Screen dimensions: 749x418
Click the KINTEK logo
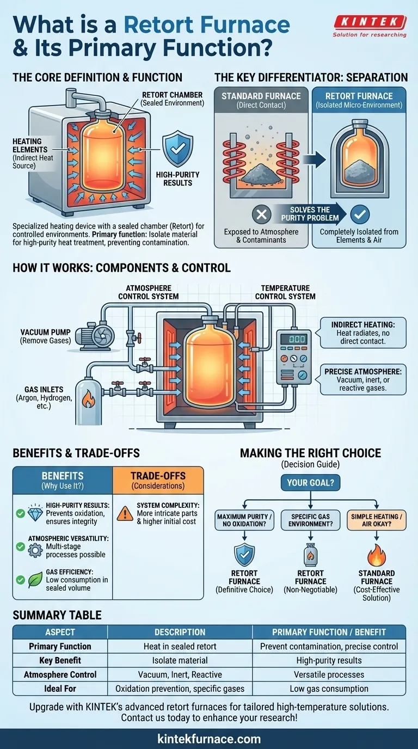click(369, 22)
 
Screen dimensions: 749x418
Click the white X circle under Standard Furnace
click(261, 214)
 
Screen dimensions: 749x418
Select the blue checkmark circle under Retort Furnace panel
click(360, 214)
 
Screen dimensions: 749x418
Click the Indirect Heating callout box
click(362, 333)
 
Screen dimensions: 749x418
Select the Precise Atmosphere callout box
click(363, 379)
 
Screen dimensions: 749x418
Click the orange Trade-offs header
click(158, 479)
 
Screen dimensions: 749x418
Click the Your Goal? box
click(309, 482)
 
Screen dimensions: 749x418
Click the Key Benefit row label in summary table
click(60, 660)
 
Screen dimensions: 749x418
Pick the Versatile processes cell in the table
click(329, 674)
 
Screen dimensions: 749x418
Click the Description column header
click(180, 632)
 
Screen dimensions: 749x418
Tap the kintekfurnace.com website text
click(209, 739)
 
